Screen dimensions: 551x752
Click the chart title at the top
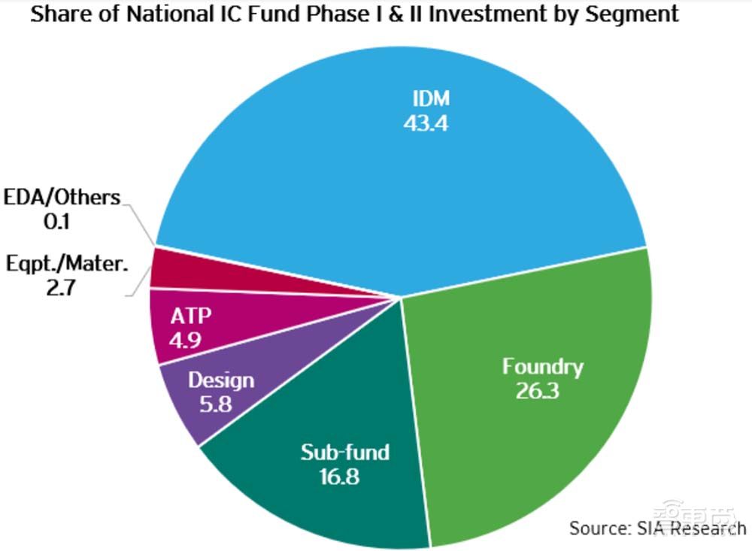[353, 14]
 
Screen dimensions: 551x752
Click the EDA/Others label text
[62, 198]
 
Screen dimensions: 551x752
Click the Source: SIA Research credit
[656, 528]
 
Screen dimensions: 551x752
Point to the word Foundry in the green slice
[542, 367]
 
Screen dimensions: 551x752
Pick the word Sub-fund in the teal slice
[345, 452]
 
